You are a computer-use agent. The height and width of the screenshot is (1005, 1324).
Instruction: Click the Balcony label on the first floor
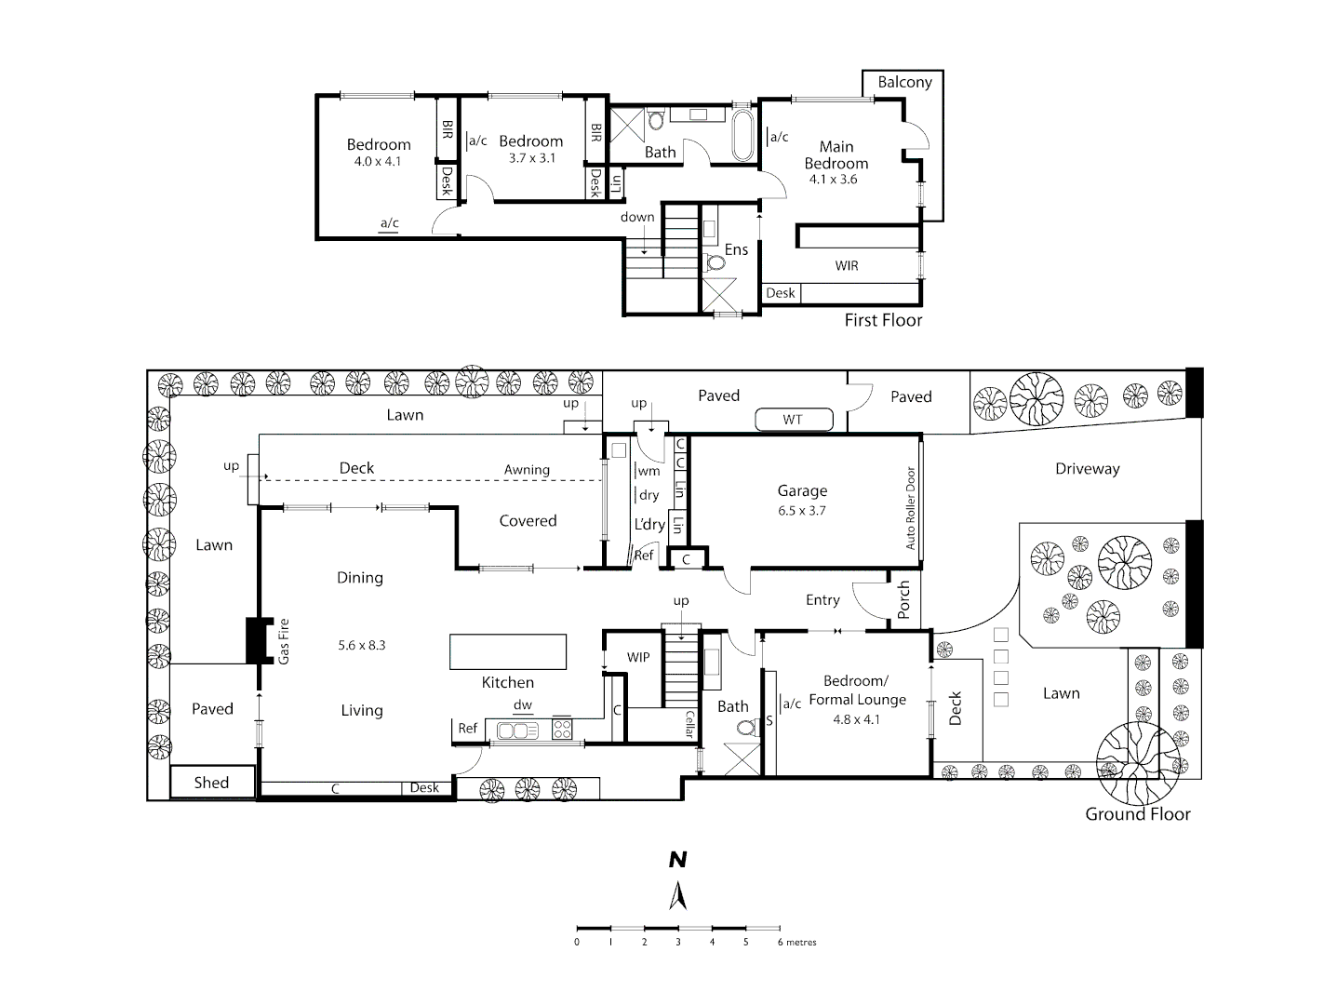point(904,82)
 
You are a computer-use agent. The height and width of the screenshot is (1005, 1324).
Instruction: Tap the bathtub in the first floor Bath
point(743,137)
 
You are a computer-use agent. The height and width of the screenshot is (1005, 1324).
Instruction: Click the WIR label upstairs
point(847,266)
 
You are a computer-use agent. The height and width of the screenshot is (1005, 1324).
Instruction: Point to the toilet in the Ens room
point(715,261)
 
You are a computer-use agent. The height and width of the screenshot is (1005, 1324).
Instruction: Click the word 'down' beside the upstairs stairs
point(637,217)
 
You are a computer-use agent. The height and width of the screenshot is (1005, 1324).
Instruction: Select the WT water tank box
point(792,420)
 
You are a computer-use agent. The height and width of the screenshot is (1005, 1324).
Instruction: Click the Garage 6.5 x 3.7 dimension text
point(802,511)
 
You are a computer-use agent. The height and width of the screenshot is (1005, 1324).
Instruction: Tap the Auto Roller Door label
point(911,507)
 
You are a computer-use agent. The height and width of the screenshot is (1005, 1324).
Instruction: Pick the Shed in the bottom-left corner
point(211,783)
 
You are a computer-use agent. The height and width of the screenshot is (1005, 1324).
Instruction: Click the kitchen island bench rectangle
point(508,651)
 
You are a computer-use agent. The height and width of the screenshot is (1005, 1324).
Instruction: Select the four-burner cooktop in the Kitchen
point(562,729)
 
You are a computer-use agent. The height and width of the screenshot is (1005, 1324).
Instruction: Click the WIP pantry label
point(638,657)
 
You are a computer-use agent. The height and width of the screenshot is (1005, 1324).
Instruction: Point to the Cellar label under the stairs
point(689,724)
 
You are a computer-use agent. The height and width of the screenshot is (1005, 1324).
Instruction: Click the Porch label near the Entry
point(903,599)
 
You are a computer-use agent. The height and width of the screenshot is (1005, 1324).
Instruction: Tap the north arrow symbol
point(678,895)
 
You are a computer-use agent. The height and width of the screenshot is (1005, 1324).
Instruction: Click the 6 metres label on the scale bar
point(796,942)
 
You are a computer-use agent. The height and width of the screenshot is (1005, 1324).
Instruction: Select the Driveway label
point(1087,469)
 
